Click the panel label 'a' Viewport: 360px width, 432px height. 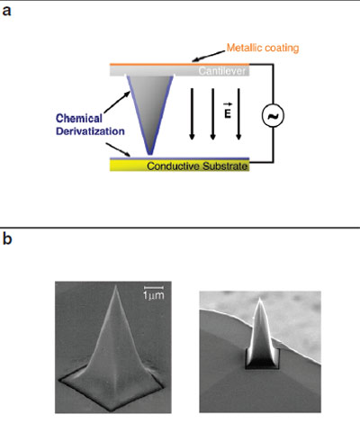pos(6,11)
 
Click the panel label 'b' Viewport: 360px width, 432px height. pos(7,238)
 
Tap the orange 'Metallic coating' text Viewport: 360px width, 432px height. pos(263,48)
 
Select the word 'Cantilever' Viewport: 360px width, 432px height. pos(221,71)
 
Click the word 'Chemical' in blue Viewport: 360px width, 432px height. pos(79,118)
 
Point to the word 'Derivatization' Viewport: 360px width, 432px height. pos(90,131)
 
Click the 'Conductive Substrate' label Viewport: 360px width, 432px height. pos(197,166)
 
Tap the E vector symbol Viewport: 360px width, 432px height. pos(228,111)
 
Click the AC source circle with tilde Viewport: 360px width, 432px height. pos(273,116)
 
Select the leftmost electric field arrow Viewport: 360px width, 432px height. pos(192,114)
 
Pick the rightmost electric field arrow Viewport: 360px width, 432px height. pos(238,114)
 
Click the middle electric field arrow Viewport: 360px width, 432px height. pos(212,114)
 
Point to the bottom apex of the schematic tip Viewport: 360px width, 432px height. pos(150,154)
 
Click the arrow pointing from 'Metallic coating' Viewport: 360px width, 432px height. pos(209,56)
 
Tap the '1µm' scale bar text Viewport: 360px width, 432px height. pos(154,295)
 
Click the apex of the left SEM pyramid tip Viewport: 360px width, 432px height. pos(116,285)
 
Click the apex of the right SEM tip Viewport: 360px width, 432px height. pos(260,299)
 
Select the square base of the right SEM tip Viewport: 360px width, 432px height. pos(263,359)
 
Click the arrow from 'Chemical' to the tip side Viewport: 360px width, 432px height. pos(117,103)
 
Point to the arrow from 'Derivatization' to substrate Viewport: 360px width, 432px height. pos(118,149)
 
